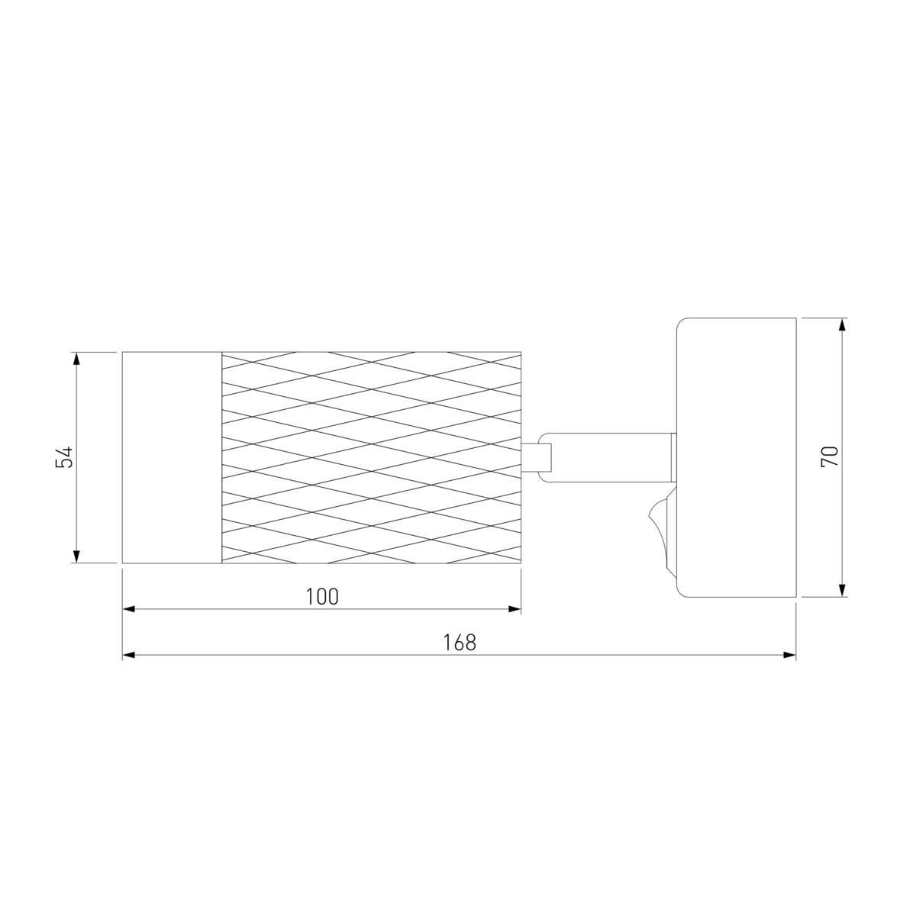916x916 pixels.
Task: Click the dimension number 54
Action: pyautogui.click(x=64, y=456)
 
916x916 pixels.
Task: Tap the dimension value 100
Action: pyautogui.click(x=322, y=597)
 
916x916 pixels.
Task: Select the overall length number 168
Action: pyautogui.click(x=460, y=643)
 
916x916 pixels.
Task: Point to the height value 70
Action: pyautogui.click(x=830, y=456)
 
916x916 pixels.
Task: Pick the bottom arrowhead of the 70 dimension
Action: pyautogui.click(x=842, y=590)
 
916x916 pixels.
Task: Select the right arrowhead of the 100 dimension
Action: pyautogui.click(x=514, y=609)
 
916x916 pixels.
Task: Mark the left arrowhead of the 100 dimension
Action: pyautogui.click(x=129, y=609)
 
